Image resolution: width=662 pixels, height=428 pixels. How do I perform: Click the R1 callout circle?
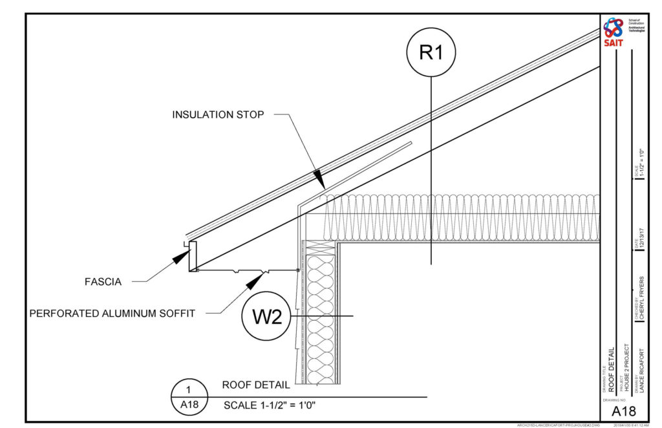coord(431,52)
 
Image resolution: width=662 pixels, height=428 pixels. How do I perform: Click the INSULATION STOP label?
coord(218,114)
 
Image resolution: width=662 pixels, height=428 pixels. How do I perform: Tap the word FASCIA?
coord(103,281)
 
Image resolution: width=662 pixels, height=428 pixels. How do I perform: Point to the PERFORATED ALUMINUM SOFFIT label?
coord(112,314)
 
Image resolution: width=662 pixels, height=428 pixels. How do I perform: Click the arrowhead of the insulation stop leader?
coord(318,177)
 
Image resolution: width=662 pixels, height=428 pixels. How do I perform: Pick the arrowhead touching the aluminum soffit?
coord(259,278)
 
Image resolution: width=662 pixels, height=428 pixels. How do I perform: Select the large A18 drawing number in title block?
coord(624,411)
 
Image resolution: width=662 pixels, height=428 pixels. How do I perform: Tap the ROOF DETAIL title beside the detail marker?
coord(256,385)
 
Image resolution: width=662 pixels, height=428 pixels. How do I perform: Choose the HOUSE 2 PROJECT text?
coord(626,368)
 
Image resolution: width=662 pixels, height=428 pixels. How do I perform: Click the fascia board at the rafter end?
coord(193,257)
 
